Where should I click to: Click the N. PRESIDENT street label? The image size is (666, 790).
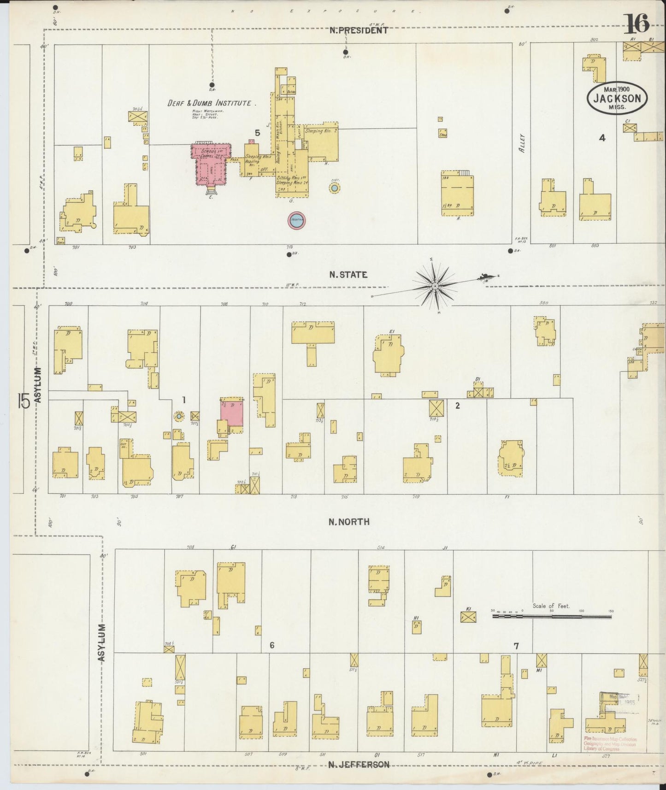pos(359,30)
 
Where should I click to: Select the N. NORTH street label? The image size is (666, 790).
pos(349,522)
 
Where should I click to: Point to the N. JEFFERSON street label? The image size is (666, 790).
pos(359,765)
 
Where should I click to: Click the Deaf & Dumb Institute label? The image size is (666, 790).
pos(212,103)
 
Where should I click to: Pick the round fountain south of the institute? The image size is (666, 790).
pos(297,220)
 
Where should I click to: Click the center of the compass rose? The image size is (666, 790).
pos(435,286)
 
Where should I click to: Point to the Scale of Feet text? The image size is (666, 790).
pos(551,606)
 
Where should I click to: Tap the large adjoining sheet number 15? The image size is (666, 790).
pos(24,401)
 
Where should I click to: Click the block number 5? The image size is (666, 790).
pos(258,133)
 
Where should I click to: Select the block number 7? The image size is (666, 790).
pos(516,646)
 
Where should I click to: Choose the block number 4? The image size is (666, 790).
pos(601,137)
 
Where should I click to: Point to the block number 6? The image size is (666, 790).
pos(272,645)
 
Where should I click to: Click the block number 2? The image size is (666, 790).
pos(457,406)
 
